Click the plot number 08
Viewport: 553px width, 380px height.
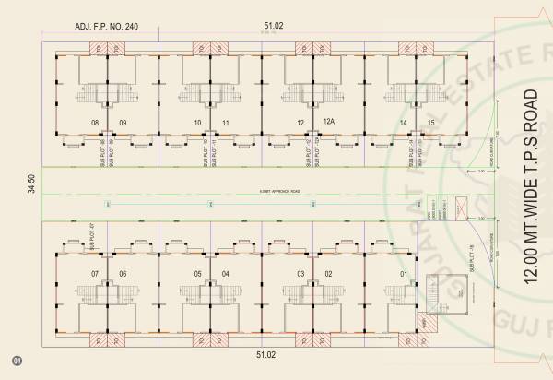pyautogui.click(x=94, y=123)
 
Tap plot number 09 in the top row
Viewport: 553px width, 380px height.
pyautogui.click(x=122, y=123)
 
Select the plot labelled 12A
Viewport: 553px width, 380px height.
pyautogui.click(x=328, y=121)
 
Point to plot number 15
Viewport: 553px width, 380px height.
pyautogui.click(x=431, y=123)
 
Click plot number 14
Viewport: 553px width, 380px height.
pyautogui.click(x=403, y=123)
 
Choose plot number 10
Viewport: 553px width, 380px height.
pyautogui.click(x=197, y=123)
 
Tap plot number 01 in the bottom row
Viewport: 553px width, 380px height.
pyautogui.click(x=403, y=274)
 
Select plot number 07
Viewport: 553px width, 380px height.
pyautogui.click(x=94, y=274)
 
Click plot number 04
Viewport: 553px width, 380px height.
pyautogui.click(x=225, y=274)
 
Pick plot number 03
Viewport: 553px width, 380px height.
pyautogui.click(x=300, y=274)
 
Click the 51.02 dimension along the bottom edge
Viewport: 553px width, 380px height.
pyautogui.click(x=265, y=354)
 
